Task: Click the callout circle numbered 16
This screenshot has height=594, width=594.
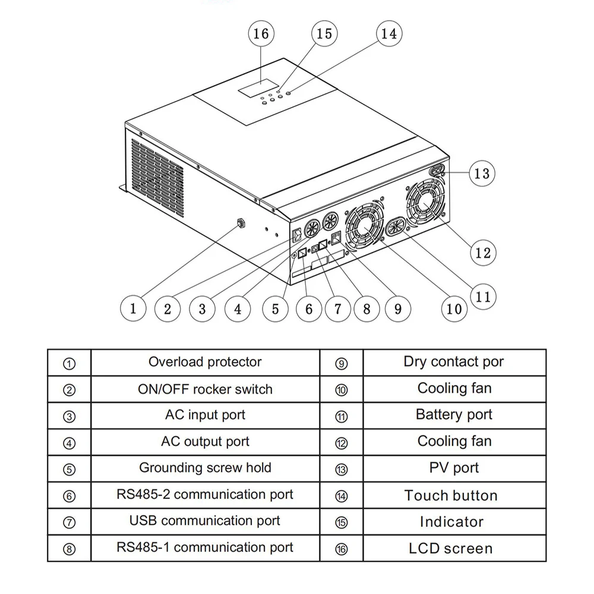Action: pos(261,33)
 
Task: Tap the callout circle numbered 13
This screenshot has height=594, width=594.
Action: pos(482,173)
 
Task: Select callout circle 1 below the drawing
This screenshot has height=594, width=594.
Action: pos(133,308)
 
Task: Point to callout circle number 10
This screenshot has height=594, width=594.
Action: pos(454,308)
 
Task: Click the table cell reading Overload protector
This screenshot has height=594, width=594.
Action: pos(205,362)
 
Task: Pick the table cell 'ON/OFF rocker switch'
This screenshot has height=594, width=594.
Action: pos(205,389)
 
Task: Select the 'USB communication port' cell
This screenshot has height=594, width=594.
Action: pos(205,521)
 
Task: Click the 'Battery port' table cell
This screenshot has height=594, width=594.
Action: pos(454,415)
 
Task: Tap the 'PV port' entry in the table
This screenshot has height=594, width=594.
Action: pos(454,468)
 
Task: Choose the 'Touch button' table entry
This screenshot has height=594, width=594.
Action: pos(451,495)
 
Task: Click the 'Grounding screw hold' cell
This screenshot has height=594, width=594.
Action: pos(205,467)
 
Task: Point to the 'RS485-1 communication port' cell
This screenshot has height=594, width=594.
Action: pos(205,547)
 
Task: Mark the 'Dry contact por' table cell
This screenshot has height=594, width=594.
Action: pos(454,362)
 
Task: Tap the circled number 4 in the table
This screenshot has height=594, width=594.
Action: pos(69,443)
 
